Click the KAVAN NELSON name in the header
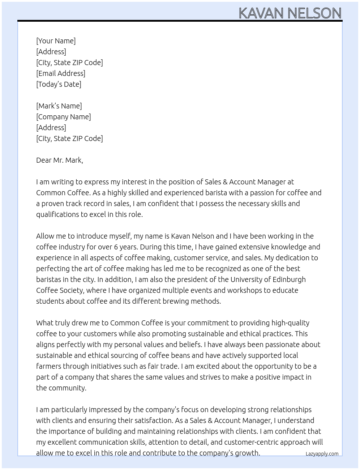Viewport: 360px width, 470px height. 290,13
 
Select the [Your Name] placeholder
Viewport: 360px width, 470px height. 56,41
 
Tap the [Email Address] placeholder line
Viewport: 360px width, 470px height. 61,73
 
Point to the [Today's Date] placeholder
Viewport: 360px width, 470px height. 59,84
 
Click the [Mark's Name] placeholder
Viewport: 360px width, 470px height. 59,106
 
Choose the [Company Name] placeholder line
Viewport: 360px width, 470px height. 64,117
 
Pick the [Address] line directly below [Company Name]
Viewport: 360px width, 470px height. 51,128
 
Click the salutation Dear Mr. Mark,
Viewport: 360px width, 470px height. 60,160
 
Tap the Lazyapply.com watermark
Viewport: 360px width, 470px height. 322,454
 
